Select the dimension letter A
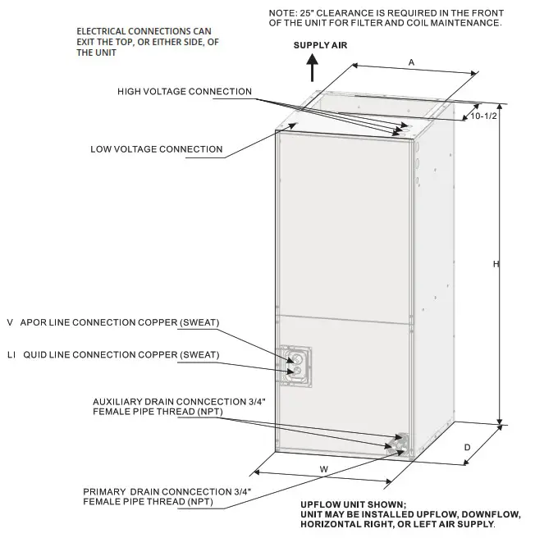tap(411, 62)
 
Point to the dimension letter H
tap(496, 263)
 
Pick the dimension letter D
tap(466, 447)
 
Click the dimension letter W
tap(323, 468)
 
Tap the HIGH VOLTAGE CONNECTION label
tap(185, 92)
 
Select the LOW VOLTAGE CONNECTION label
tap(156, 149)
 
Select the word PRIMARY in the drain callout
tap(104, 490)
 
